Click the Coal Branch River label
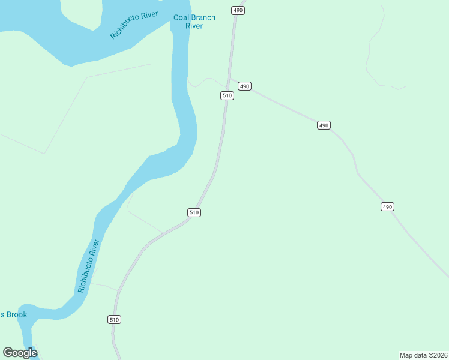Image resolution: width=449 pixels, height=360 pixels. [x=194, y=22]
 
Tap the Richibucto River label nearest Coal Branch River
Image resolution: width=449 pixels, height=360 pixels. [x=133, y=25]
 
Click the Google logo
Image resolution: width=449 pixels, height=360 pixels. [x=20, y=353]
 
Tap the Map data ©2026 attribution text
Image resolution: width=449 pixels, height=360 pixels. [x=423, y=355]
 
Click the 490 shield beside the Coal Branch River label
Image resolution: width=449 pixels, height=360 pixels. [x=238, y=10]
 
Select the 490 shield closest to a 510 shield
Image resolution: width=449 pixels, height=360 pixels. [x=244, y=86]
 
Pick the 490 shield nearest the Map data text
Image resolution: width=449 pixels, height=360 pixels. [x=387, y=207]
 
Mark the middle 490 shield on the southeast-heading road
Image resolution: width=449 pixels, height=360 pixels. [x=324, y=125]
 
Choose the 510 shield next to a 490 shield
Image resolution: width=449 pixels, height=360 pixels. [x=227, y=95]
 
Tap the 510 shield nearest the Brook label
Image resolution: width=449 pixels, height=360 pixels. [x=115, y=319]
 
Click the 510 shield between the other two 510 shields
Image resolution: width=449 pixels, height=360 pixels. [x=194, y=212]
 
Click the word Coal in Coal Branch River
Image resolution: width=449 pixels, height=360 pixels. [x=181, y=17]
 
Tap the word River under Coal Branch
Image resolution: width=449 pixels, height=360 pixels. [x=194, y=26]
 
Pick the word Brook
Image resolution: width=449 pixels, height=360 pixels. [x=17, y=314]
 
